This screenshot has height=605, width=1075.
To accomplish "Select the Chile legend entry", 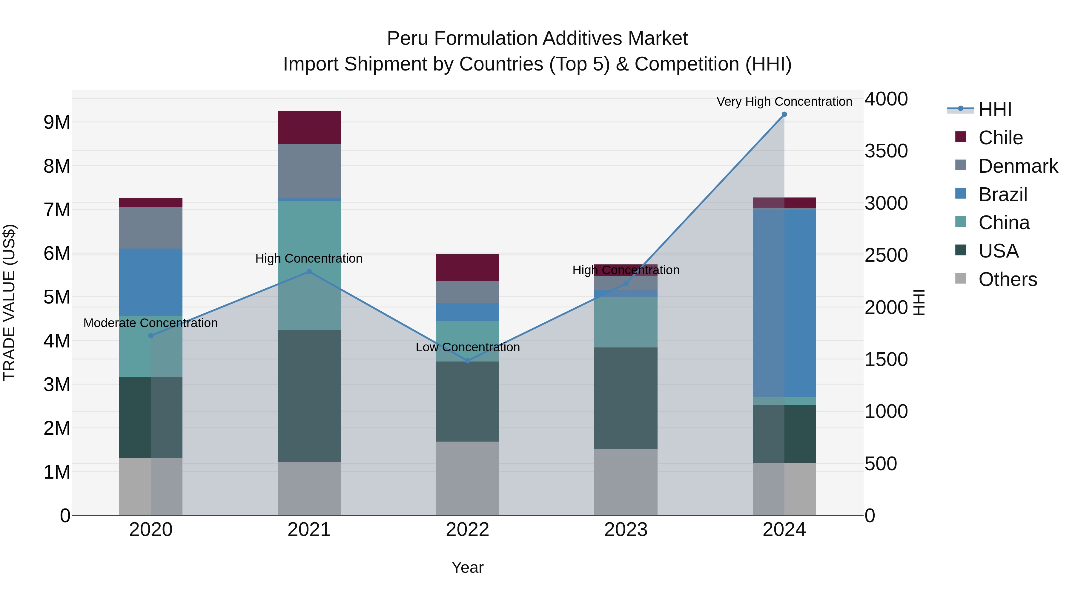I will (1000, 138).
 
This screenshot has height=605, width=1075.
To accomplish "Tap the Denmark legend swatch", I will (961, 165).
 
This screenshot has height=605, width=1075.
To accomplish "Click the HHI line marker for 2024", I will (784, 114).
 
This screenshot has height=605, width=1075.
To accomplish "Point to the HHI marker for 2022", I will (467, 361).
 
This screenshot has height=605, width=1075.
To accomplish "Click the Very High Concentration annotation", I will (784, 102).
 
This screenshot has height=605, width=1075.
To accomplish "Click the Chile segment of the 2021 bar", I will (309, 127).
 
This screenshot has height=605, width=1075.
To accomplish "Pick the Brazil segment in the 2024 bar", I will (784, 303).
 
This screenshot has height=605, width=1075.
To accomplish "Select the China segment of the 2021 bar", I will (309, 234).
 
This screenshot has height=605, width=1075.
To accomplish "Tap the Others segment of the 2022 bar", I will (467, 478).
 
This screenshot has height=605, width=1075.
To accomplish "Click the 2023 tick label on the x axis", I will (626, 530).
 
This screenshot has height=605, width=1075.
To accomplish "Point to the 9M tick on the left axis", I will (57, 122).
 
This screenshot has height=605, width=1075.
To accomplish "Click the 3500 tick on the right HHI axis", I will (886, 151).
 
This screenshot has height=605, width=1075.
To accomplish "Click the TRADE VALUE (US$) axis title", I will (9, 302).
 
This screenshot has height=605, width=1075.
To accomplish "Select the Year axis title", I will (467, 567).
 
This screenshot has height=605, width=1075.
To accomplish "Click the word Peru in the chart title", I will (408, 39).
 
